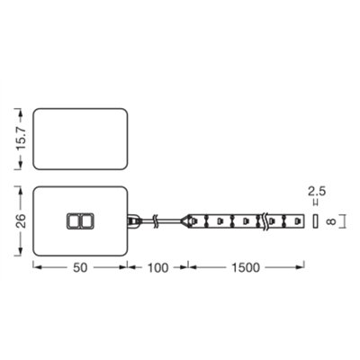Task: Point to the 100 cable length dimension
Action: coord(157,268)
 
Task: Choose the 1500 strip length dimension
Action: coord(244,268)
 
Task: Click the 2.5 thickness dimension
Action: coord(314,191)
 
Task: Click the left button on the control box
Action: coord(73,220)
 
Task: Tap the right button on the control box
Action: coord(85,220)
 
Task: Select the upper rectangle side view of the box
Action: coord(79,139)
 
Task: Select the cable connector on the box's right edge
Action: coord(133,219)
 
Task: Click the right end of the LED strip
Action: coord(302,219)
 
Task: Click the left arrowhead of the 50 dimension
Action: coord(36,267)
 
